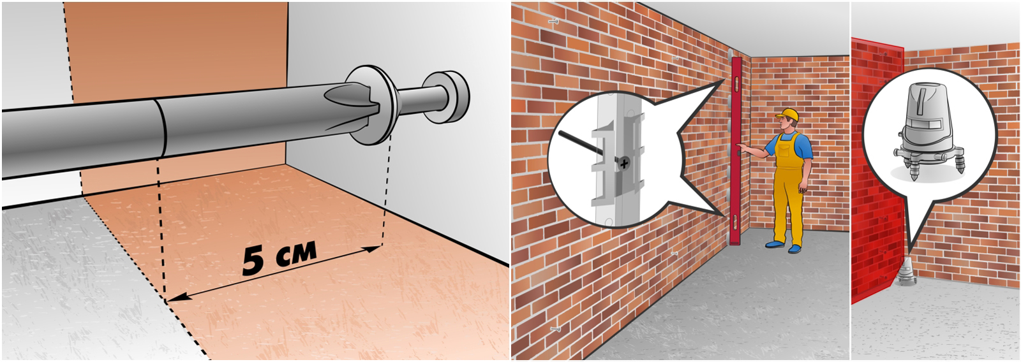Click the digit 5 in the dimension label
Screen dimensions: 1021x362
tap(253, 262)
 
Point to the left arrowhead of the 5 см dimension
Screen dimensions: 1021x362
tap(176, 298)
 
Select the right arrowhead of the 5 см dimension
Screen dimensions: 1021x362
tap(371, 250)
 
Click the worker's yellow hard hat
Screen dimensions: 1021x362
tap(787, 115)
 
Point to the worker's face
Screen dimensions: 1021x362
tap(785, 124)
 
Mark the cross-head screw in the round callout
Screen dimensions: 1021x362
tap(623, 163)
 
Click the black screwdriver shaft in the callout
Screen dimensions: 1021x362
tap(588, 147)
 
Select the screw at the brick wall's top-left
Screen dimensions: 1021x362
tap(553, 21)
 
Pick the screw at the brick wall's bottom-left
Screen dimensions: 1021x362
tap(555, 328)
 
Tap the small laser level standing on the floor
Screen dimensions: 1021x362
tap(907, 272)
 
